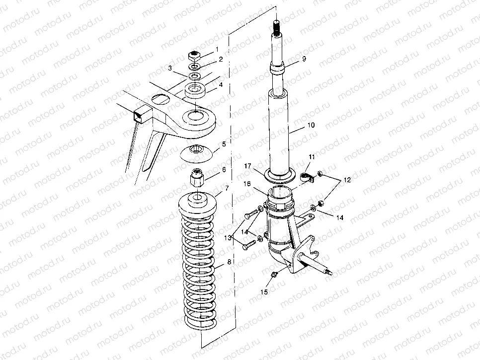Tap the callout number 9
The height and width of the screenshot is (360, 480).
point(304,59)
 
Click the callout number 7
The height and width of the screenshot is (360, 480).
point(227,188)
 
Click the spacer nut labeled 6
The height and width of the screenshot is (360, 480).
point(197,177)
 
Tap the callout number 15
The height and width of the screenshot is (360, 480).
point(264,292)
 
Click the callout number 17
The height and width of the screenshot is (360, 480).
point(247,166)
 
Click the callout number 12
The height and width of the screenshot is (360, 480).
point(347,180)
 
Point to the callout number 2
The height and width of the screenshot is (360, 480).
point(221,59)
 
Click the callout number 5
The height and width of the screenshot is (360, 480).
point(224,144)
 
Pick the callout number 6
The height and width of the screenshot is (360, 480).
point(224,169)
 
